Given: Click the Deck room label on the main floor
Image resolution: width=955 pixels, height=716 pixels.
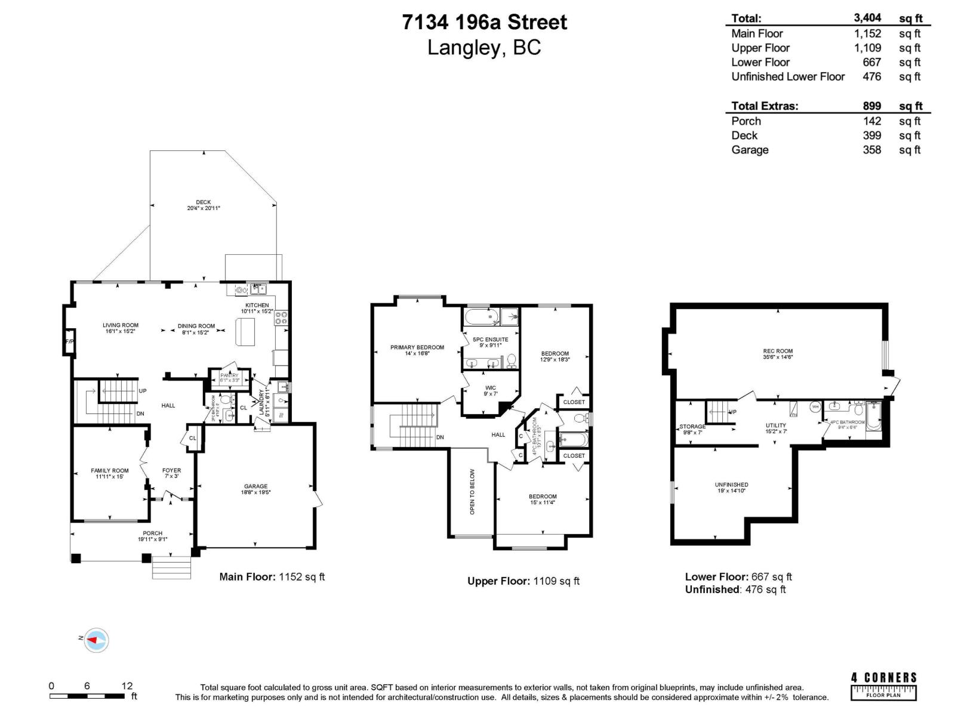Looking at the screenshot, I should pos(203,203).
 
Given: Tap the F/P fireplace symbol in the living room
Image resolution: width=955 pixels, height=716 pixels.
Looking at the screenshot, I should pos(69,342).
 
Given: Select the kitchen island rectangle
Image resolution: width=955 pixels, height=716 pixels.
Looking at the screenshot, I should pos(245,332).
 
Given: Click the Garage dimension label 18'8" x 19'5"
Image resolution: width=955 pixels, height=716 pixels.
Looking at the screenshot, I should pos(255,493).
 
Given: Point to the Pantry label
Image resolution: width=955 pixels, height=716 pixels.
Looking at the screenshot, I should pos(229,376).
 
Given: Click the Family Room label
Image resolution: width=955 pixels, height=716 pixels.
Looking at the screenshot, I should pos(110,471).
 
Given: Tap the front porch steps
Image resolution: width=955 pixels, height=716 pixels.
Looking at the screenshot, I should pos(171,567).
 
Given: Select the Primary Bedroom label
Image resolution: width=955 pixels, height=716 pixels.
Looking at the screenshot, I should pos(417,347).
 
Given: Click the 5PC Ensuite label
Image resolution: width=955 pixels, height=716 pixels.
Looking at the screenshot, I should pos(491,340).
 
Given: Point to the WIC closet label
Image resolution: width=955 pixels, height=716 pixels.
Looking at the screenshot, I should pos(491,388).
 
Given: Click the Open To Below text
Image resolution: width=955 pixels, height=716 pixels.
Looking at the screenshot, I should pos(472,492).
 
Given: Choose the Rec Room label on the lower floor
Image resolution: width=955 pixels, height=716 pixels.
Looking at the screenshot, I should pos(778,351).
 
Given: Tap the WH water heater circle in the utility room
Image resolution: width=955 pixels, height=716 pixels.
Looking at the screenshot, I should pos(815,407).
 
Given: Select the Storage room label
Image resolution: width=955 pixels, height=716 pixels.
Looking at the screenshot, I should pos(692,427).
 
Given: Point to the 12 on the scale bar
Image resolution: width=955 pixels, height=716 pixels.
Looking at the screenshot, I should pos(127,686).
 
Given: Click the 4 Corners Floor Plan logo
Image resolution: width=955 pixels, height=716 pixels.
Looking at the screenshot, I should pos(883,686).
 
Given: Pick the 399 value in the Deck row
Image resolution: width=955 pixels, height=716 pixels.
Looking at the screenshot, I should pos(871,135).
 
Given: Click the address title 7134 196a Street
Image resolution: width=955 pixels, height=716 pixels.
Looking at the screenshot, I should pos(484,22).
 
